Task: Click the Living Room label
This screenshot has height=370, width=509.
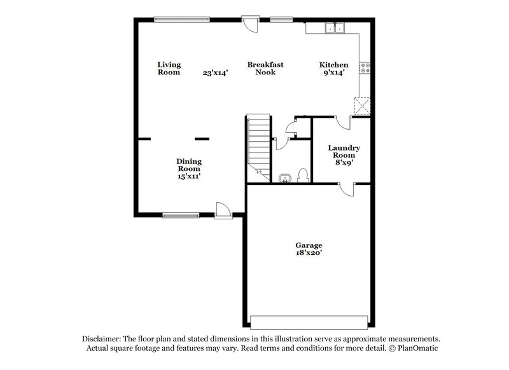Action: [169, 68]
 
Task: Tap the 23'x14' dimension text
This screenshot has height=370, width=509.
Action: [215, 73]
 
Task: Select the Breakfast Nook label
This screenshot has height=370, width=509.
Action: [265, 68]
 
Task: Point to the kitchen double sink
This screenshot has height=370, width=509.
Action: [334, 28]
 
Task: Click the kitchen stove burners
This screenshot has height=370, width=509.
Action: [365, 67]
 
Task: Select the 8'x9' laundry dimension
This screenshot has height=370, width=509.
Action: [344, 162]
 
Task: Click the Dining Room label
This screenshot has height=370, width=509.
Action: [189, 165]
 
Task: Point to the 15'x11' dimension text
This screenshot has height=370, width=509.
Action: [189, 177]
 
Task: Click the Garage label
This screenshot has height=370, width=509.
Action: [308, 245]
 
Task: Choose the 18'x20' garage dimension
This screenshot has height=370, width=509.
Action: [308, 253]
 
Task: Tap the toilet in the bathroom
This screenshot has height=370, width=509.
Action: [303, 175]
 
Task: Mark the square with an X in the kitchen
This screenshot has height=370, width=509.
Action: [363, 106]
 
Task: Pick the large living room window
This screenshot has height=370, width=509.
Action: [184, 19]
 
